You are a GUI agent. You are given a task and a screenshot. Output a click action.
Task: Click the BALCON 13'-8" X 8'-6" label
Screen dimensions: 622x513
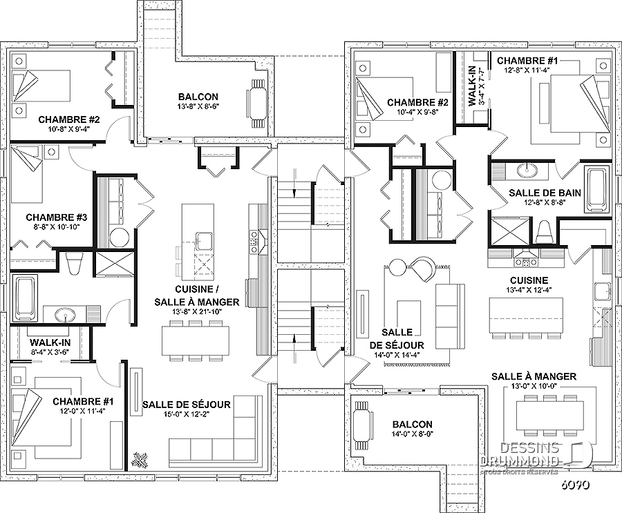pyautogui.click(x=198, y=101)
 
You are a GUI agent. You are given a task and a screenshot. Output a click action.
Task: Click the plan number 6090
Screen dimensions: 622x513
pyautogui.click(x=574, y=485)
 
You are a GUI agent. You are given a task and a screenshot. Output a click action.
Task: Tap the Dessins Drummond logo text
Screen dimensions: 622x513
pyautogui.click(x=520, y=454)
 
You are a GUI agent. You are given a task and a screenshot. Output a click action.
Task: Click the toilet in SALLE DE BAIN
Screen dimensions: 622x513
pyautogui.click(x=544, y=232)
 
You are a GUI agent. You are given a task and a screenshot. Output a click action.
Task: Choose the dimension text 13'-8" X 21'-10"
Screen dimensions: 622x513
pyautogui.click(x=197, y=311)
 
